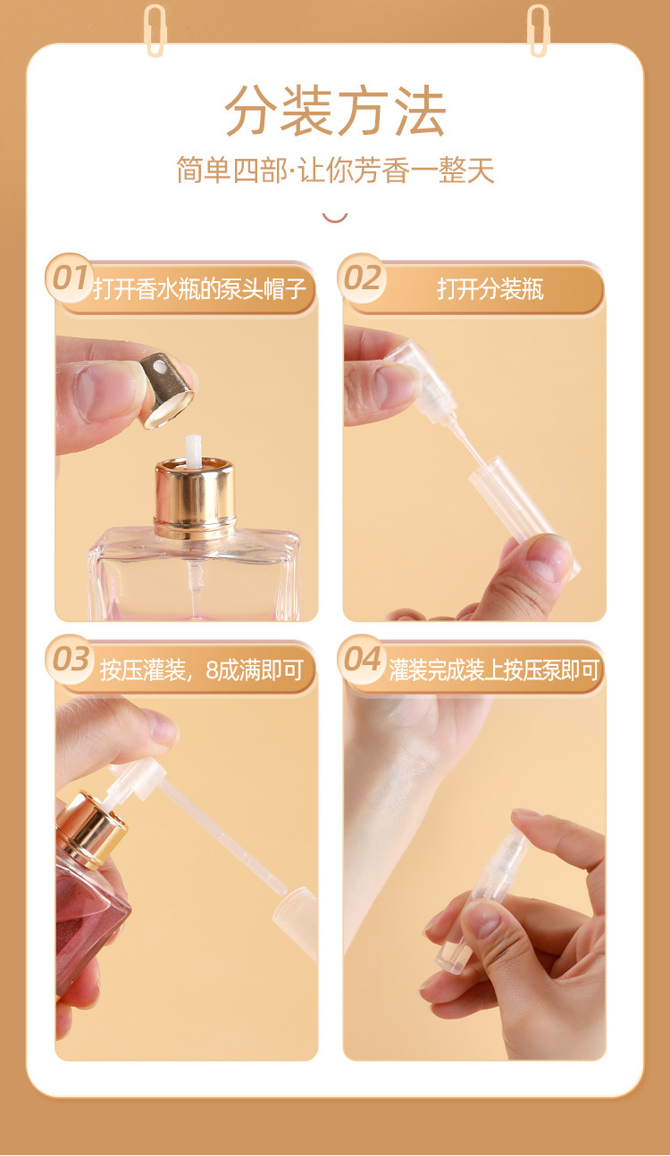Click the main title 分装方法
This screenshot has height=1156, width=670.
click(335, 112)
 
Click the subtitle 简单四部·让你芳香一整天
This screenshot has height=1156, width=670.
click(335, 170)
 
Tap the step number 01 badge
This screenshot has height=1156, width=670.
click(70, 278)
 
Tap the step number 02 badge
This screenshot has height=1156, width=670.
click(362, 278)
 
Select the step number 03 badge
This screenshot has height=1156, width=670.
click(70, 659)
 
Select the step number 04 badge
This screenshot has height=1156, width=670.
click(362, 659)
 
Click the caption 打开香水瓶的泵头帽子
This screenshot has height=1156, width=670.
click(199, 288)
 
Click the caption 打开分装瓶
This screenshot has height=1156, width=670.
click(490, 288)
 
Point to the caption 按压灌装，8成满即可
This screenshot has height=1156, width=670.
click(202, 670)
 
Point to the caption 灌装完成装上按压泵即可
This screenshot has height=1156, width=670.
click(494, 670)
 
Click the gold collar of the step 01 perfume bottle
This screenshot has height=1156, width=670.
click(196, 499)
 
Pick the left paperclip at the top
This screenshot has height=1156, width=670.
click(155, 30)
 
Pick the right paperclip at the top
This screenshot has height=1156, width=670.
click(538, 30)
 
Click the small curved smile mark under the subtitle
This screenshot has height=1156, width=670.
click(335, 219)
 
